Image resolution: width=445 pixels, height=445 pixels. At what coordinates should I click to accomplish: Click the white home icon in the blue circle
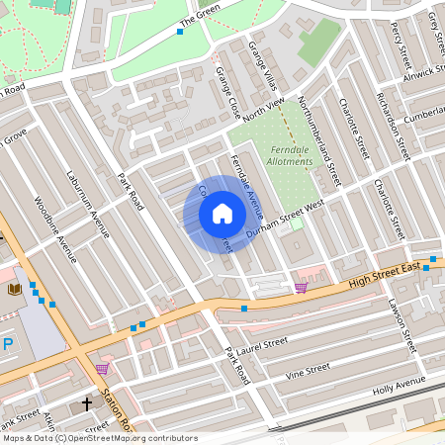pos(222,213)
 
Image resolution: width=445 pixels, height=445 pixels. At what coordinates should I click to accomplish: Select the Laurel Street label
pos(262,345)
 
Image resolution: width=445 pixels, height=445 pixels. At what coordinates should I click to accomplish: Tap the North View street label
pos(262,111)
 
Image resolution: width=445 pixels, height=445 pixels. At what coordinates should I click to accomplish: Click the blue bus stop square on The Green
pos(180,32)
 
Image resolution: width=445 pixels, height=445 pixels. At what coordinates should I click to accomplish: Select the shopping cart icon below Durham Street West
pos(301,288)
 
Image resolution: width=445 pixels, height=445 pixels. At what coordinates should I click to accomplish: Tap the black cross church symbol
pos(86,403)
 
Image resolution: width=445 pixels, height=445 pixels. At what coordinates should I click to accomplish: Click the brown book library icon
pos(14,289)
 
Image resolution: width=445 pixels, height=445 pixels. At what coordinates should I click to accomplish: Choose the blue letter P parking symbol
pos(8,344)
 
